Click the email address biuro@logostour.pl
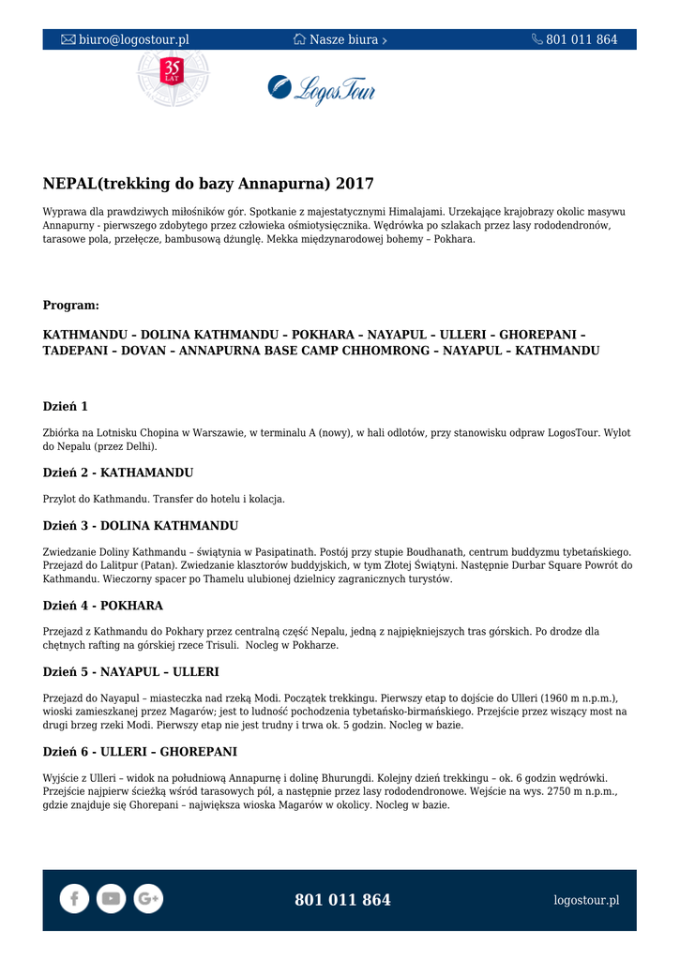point(133,39)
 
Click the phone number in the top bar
point(582,39)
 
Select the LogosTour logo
point(322,88)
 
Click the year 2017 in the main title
point(355,183)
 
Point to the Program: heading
point(71,306)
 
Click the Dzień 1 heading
point(66,406)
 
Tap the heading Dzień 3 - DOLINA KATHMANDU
point(141,525)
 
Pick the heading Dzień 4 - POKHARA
point(103,606)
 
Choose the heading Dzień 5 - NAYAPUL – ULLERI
point(131,672)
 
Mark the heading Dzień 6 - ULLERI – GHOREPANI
point(140,752)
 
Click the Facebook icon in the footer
point(74,899)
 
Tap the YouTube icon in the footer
point(111,899)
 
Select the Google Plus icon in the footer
point(148,899)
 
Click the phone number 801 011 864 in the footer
point(342,900)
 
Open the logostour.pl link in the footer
point(586,900)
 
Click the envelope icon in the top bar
point(68,39)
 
